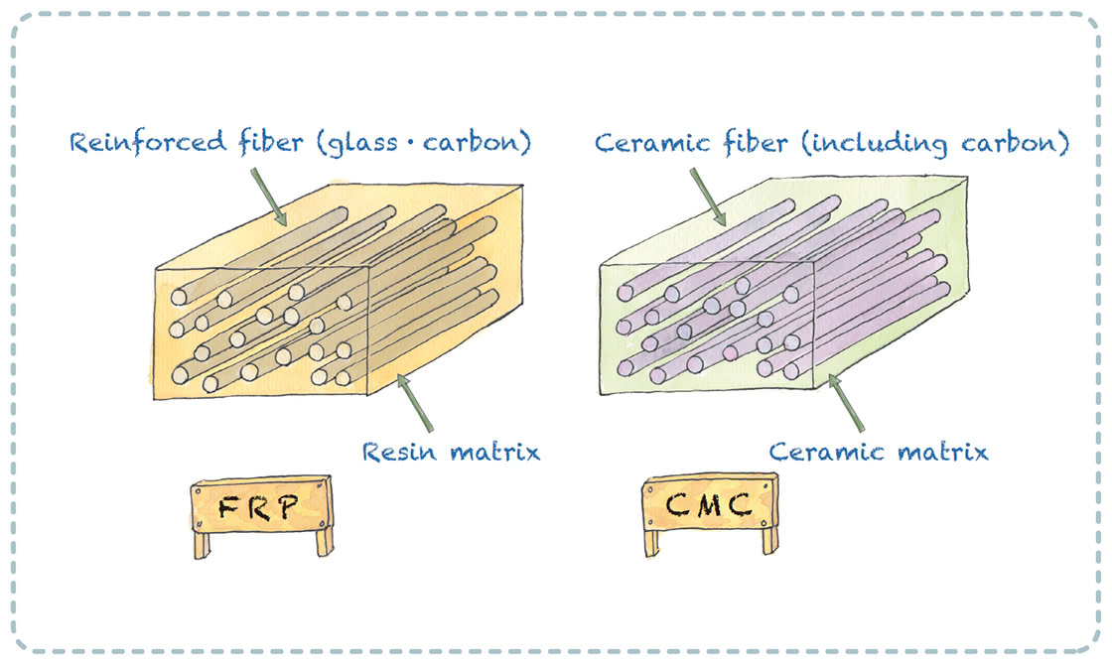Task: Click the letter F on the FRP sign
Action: point(227,511)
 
